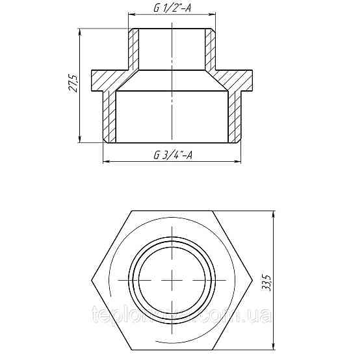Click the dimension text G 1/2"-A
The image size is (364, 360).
(172, 8)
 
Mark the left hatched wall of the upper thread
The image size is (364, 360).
(133, 49)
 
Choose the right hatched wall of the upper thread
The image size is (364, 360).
(211, 49)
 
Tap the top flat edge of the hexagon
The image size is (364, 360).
(172, 211)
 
